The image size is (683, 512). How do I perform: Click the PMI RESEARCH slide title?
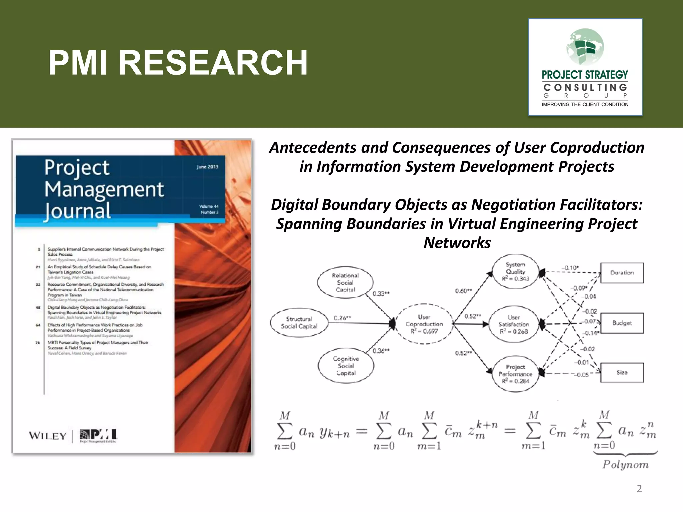178,63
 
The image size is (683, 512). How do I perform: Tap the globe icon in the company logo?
585,47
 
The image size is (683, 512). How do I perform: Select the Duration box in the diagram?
622,273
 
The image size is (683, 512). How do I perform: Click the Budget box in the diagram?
622,323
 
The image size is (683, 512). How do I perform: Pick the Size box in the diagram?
622,372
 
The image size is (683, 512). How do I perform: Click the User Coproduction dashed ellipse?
424,324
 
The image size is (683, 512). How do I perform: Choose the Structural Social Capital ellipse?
299,323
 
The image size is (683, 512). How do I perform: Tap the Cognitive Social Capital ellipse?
346,366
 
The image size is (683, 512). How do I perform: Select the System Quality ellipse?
515,272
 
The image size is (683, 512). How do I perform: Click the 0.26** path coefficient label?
343,318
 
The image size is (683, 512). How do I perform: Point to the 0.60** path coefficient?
463,291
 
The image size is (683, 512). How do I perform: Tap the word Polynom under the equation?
625,465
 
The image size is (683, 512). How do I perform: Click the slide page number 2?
639,489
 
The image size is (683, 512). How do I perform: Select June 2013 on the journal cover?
207,167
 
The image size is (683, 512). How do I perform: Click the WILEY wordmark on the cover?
47,436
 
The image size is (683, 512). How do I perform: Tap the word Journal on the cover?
78,211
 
